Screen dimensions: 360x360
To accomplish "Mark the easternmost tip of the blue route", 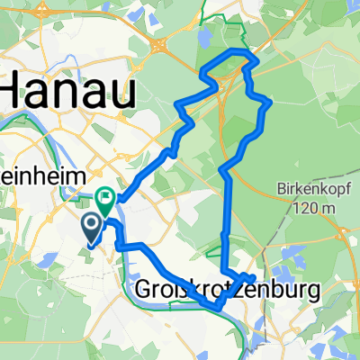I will coord(270,104).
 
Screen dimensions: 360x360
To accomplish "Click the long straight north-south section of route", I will coord(226,216).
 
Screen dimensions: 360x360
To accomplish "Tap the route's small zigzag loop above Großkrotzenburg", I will coord(241,276).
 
